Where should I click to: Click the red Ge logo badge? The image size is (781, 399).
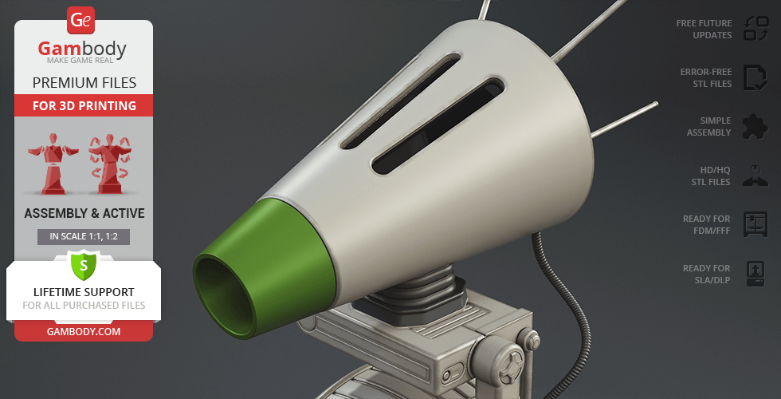pos(80,21)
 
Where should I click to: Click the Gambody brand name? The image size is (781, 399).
pos(82,49)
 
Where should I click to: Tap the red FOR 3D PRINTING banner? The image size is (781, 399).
pos(84,105)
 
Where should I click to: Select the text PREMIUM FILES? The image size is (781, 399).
pos(84,83)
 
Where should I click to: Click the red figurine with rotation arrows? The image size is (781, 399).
pos(110,163)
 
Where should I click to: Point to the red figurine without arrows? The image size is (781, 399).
pos(53,163)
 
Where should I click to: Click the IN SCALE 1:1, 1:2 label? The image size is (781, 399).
pos(84,237)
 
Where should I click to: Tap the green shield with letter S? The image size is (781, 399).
pos(84,265)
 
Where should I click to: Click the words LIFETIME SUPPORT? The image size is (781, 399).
pos(84,292)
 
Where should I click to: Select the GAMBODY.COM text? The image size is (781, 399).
pos(84,332)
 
